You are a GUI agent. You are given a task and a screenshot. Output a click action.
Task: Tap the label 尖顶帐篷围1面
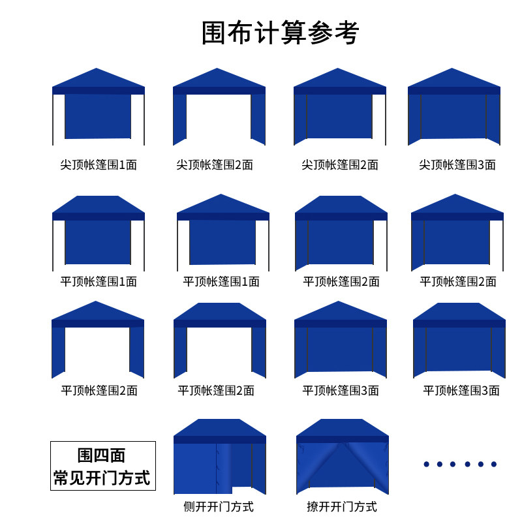tap(99, 164)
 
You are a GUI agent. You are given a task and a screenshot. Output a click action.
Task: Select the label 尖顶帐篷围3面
tap(457, 164)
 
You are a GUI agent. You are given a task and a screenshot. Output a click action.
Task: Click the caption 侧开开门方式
tap(219, 506)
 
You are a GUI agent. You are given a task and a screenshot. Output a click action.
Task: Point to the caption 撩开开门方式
tap(342, 506)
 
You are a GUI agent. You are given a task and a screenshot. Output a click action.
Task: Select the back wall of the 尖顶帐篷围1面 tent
tap(98, 116)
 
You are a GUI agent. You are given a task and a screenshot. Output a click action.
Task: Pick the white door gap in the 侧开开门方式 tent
tap(242, 468)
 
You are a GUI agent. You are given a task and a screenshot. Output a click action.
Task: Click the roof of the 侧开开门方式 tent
tap(219, 428)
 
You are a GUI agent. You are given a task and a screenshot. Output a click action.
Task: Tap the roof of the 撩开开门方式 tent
tap(342, 428)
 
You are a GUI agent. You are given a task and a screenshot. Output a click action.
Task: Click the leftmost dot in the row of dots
tap(426, 464)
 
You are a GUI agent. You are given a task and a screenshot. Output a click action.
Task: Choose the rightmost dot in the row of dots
tap(494, 464)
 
